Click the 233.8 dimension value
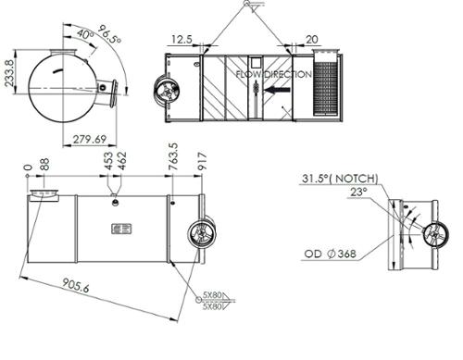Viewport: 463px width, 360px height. click(10, 73)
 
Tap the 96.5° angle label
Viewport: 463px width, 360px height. click(109, 33)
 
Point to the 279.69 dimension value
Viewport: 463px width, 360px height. click(90, 139)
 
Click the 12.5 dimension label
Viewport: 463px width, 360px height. click(181, 40)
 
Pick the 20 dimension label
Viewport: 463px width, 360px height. click(312, 40)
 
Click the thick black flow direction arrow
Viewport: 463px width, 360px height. click(277, 90)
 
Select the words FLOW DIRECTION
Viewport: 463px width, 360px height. click(274, 74)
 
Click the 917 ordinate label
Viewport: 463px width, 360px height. click(201, 161)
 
